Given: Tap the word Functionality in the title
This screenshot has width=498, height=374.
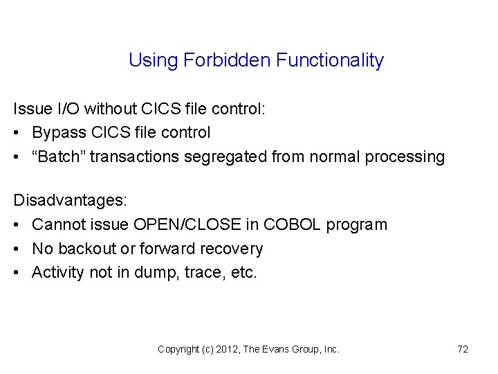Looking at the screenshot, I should click(x=329, y=61).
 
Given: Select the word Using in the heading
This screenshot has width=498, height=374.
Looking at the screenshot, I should click(x=154, y=61).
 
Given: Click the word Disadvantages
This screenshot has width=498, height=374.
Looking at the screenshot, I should click(x=70, y=201).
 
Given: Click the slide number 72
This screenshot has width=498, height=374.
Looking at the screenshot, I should click(x=463, y=349).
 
